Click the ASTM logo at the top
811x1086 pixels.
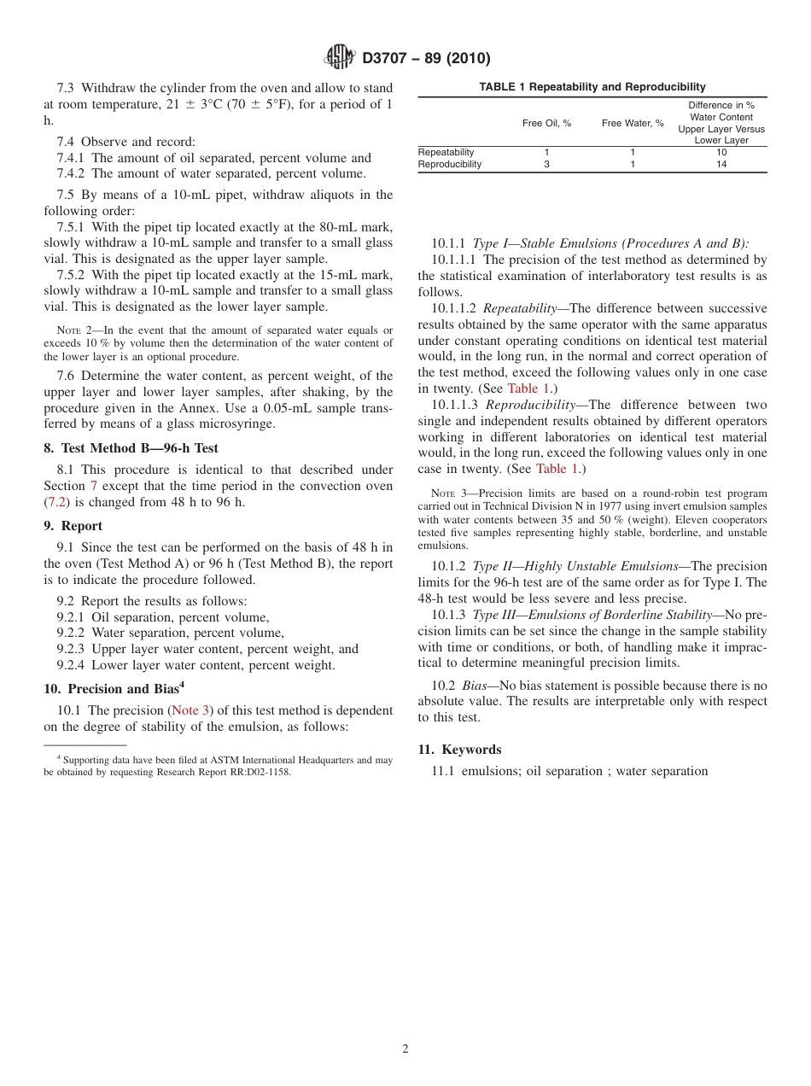(340, 58)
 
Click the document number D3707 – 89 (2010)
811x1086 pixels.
(426, 59)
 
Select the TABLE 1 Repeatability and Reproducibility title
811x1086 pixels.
(592, 87)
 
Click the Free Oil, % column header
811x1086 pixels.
(546, 123)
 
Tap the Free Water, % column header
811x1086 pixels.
(633, 123)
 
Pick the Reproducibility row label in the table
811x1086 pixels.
(450, 165)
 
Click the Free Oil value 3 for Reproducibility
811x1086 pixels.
(546, 165)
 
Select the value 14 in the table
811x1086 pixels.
(721, 165)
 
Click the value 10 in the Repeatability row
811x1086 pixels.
(721, 152)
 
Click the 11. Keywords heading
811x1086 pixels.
(459, 750)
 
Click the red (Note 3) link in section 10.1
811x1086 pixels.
(191, 710)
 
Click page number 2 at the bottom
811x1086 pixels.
(405, 1049)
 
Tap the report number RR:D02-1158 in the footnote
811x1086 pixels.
(256, 772)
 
